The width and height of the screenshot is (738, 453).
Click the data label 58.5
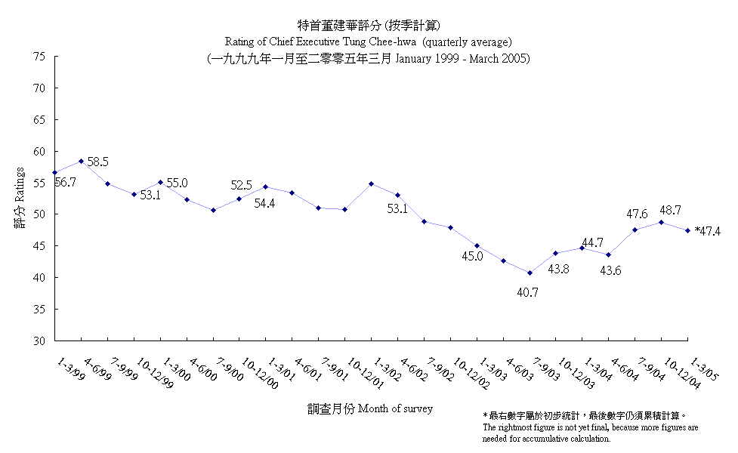(97, 162)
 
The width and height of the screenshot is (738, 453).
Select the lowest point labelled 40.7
(530, 273)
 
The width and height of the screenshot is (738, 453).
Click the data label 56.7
(65, 183)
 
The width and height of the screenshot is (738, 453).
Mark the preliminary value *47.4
(708, 231)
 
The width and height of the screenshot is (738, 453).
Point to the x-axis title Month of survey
(391, 408)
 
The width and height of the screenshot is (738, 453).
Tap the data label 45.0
(472, 257)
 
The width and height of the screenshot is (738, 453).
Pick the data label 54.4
(264, 203)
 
